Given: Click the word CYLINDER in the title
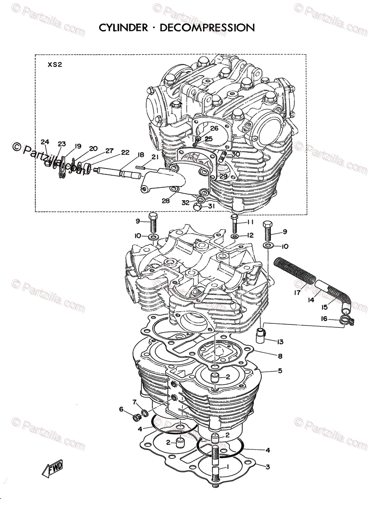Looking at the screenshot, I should pyautogui.click(x=123, y=28).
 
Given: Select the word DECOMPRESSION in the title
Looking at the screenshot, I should pyautogui.click(x=207, y=28).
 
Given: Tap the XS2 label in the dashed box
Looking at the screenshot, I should pyautogui.click(x=55, y=65).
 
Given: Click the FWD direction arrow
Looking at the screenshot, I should pyautogui.click(x=52, y=468).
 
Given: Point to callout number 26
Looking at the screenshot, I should pyautogui.click(x=214, y=129).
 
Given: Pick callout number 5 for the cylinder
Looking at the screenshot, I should pyautogui.click(x=280, y=371).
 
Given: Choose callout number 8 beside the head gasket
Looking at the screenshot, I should pyautogui.click(x=280, y=356).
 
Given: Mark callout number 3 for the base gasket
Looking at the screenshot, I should pyautogui.click(x=268, y=467).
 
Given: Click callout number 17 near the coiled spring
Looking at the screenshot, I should pyautogui.click(x=297, y=293).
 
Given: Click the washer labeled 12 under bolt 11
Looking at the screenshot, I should pyautogui.click(x=234, y=236).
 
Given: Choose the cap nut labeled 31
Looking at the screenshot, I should pyautogui.click(x=198, y=208).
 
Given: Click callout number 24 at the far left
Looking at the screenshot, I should pyautogui.click(x=45, y=142).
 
